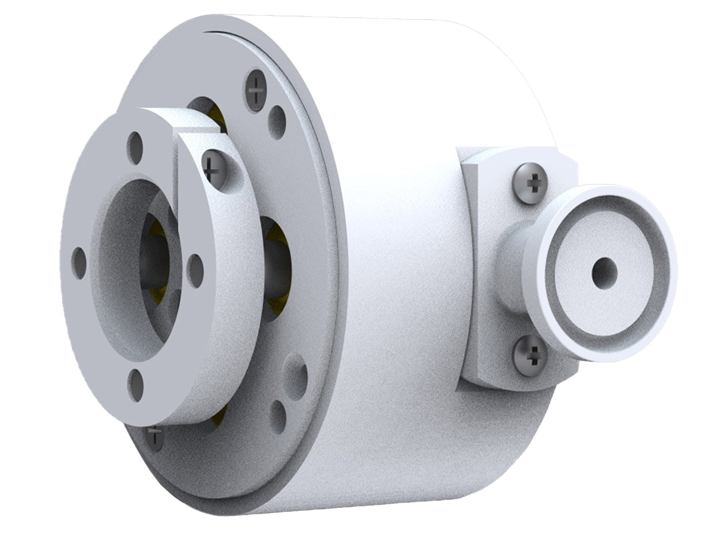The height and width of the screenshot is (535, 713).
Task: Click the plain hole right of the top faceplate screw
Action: (277, 118)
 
